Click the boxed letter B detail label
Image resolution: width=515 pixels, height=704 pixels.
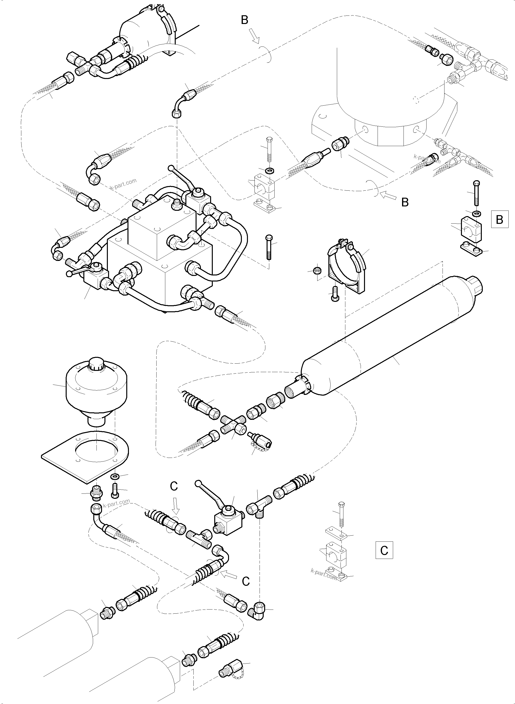[x=499, y=220]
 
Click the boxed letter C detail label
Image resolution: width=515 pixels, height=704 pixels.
[x=384, y=551]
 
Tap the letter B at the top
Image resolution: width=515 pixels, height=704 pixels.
[x=245, y=20]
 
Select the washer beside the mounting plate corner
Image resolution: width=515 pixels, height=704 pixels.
[x=114, y=477]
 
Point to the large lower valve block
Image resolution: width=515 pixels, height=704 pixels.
[x=159, y=274]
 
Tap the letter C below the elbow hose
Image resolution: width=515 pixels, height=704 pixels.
[x=246, y=581]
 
